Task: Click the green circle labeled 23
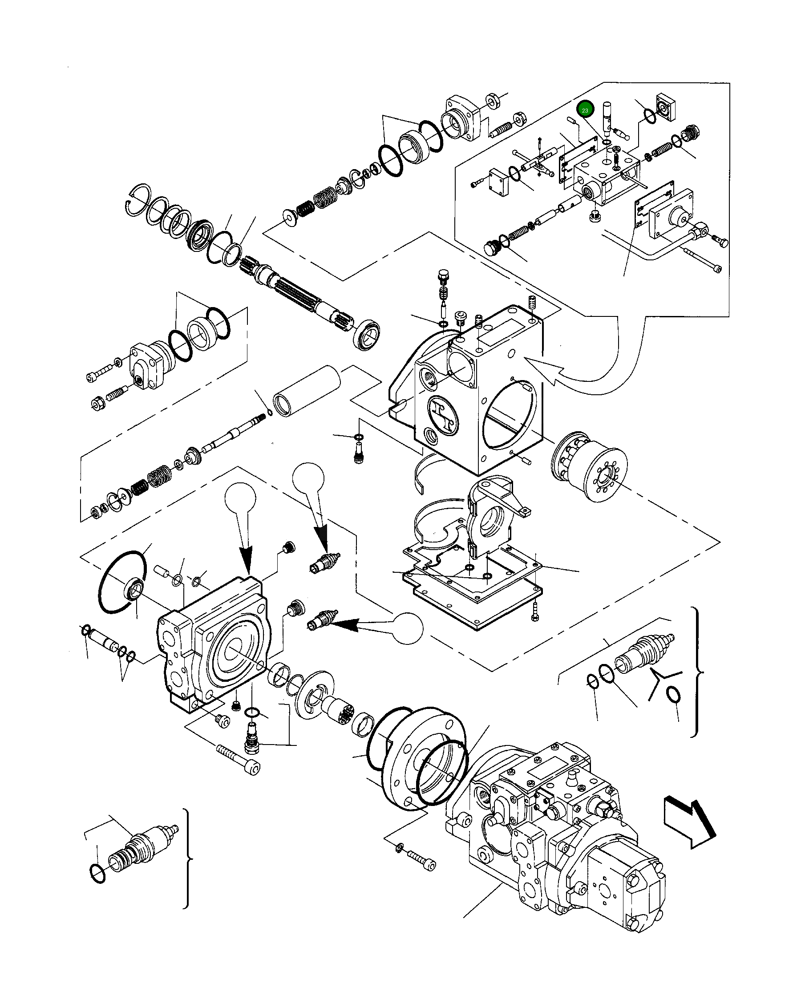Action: (585, 110)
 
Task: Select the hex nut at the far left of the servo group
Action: (98, 405)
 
